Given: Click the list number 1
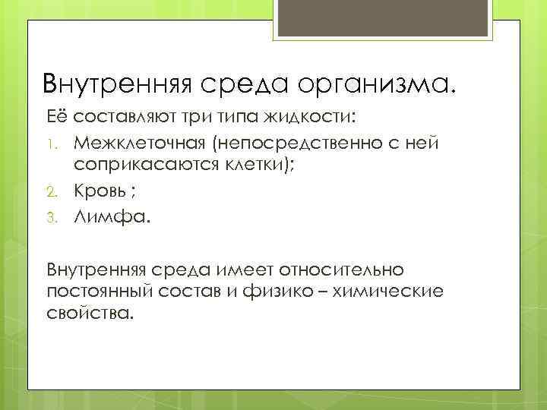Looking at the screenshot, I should coord(52,144).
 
